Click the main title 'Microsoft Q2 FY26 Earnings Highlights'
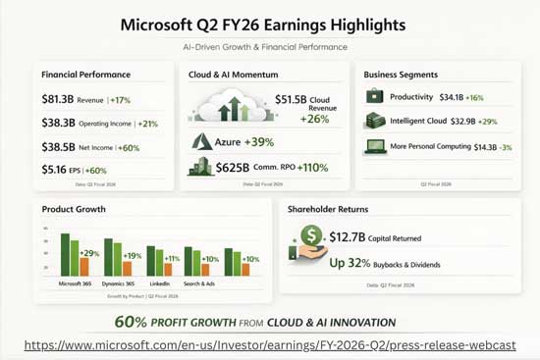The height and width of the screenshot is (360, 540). (x=269, y=23)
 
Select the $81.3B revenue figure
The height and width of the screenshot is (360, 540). (x=62, y=99)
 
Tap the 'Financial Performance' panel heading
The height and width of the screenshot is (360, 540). (x=85, y=75)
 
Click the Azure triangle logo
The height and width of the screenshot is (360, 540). (x=202, y=141)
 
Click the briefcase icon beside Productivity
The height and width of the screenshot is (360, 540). (x=374, y=97)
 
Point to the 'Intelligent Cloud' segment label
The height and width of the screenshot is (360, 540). (x=423, y=122)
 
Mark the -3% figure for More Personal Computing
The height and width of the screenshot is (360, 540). (x=505, y=147)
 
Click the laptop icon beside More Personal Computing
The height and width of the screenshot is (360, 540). (x=374, y=146)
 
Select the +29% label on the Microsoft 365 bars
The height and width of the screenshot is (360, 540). (x=90, y=254)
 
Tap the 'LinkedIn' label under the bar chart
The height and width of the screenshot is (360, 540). (x=159, y=283)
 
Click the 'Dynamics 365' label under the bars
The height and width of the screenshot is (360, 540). (x=117, y=283)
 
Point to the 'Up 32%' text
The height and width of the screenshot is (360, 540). (x=351, y=263)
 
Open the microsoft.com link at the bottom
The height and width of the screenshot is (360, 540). (x=269, y=344)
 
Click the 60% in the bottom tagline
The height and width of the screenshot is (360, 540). (x=131, y=322)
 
